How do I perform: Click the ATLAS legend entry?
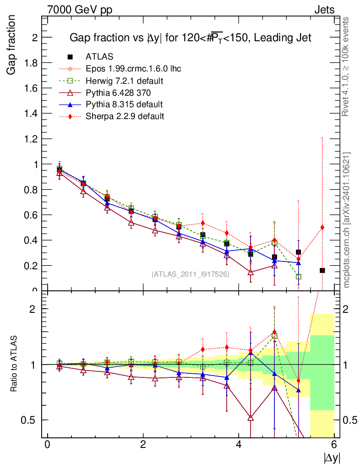(x=99, y=57)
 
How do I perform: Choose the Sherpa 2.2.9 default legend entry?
(x=125, y=116)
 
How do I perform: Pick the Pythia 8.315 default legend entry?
(x=124, y=104)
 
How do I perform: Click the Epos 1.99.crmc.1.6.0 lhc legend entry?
(x=133, y=69)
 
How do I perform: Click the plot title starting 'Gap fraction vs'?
(x=190, y=38)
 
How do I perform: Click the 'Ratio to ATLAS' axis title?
(x=14, y=364)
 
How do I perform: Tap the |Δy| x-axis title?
(x=332, y=458)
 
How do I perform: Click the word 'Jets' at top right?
(x=324, y=10)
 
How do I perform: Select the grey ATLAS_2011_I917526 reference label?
(x=191, y=274)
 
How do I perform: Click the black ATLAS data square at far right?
(x=322, y=271)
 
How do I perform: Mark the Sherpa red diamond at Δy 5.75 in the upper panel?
(x=322, y=227)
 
